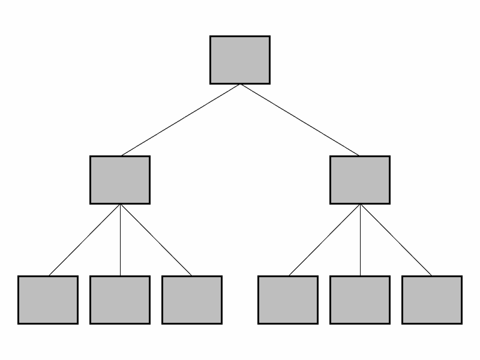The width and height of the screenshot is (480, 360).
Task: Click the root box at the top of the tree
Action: (240, 60)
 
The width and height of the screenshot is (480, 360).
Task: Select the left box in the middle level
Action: (120, 180)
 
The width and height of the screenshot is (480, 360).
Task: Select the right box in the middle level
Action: (360, 180)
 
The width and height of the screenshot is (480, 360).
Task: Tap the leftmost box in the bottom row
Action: (48, 300)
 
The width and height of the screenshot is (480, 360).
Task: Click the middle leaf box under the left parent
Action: (120, 300)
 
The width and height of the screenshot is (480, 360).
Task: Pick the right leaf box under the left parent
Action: (192, 300)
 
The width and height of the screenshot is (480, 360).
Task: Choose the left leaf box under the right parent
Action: (288, 300)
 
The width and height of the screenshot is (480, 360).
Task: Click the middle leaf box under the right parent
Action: (360, 300)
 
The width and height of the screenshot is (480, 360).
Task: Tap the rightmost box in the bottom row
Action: (432, 300)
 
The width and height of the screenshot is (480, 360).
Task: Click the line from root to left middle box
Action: (180, 120)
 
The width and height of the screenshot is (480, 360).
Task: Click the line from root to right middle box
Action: (300, 120)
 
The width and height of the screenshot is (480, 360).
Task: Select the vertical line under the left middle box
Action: (120, 240)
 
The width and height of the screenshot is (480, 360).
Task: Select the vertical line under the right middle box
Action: (360, 240)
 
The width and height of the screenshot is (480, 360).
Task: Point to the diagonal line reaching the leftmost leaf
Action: (84, 240)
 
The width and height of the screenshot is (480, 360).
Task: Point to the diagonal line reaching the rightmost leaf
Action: (396, 240)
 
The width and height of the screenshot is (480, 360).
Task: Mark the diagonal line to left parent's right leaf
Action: (156, 240)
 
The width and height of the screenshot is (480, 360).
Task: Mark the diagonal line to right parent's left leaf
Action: (324, 240)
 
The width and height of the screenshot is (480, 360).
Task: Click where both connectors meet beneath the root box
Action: (240, 85)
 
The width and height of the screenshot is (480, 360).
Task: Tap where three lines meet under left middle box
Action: (120, 205)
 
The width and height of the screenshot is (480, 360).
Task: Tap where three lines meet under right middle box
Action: (360, 205)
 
